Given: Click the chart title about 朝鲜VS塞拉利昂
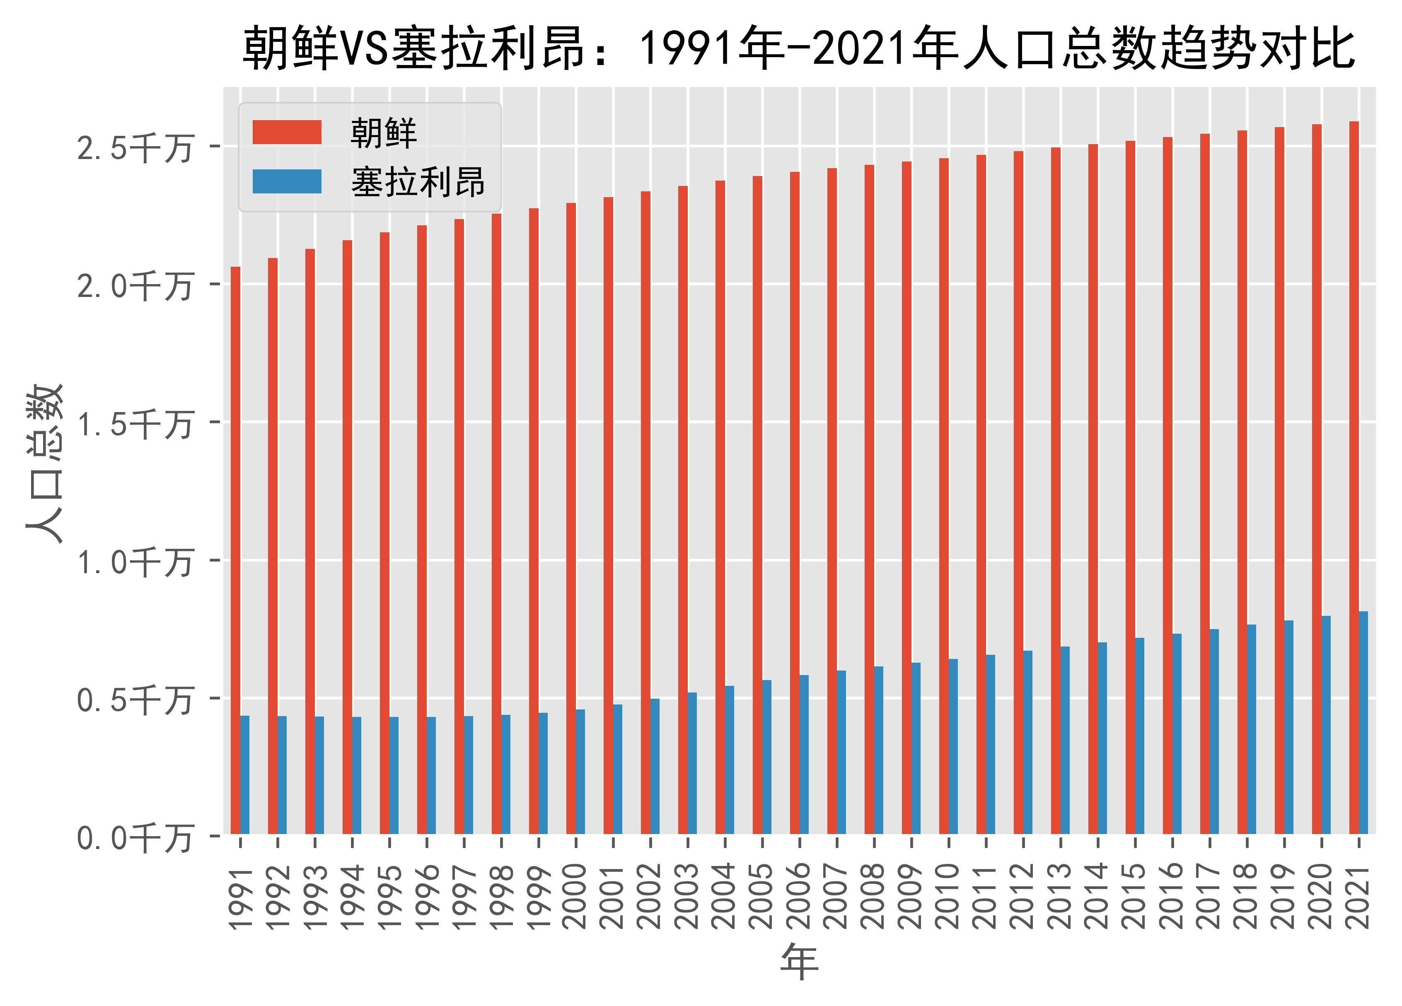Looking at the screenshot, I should pos(799,48).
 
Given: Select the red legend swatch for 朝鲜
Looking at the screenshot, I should pos(287,132).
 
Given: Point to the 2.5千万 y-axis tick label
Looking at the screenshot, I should pos(134,148).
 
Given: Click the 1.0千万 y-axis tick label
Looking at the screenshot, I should pos(134,562).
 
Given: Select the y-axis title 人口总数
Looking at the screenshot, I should pos(44,463).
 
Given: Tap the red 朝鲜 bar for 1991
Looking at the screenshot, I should pos(235,550).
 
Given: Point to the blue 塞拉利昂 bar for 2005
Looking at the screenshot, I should pos(766,757).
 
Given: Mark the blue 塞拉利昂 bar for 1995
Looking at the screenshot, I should pos(394,775).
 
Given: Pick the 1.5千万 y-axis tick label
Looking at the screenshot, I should pos(134,425).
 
